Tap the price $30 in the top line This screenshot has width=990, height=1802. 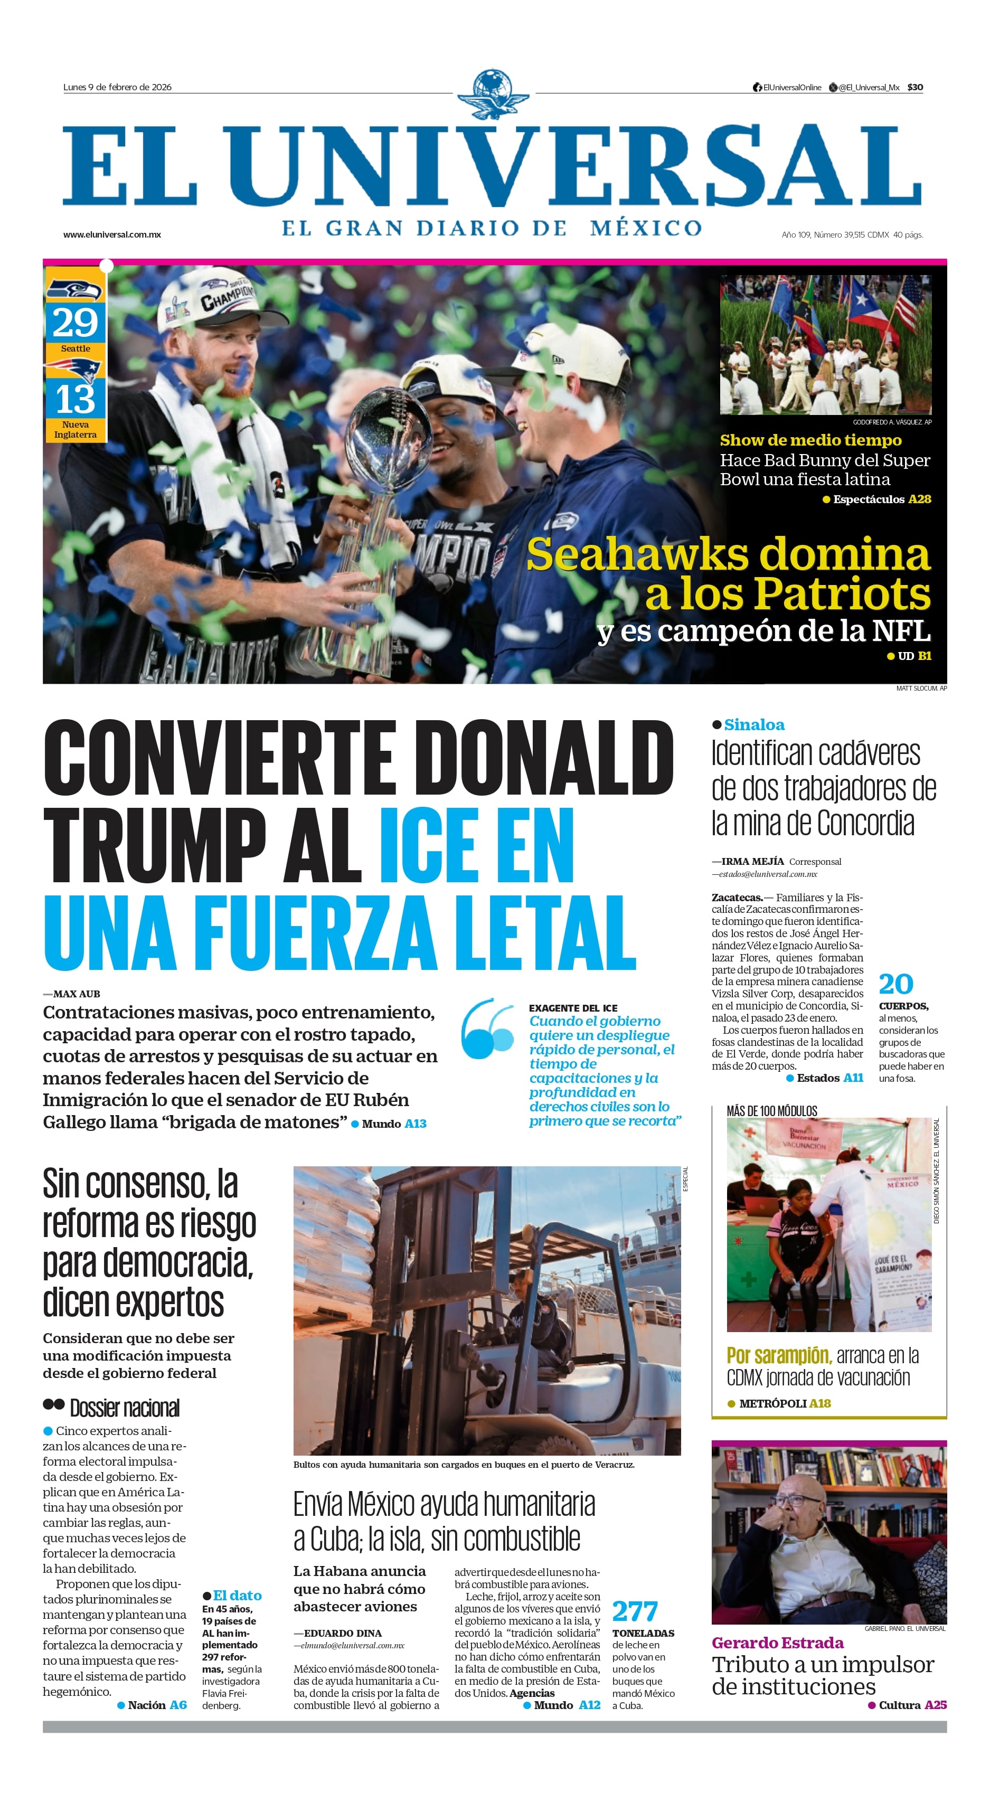pos(914,88)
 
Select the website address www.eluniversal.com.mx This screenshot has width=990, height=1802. pos(112,234)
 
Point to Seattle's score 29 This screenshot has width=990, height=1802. pos(75,323)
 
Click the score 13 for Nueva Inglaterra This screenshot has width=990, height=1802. pos(75,399)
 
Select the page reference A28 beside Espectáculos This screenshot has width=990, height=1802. pos(919,499)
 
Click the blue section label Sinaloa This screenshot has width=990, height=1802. pos(754,725)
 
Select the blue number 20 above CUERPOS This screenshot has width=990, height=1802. pos(895,984)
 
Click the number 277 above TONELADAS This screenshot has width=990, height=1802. pos(635,1611)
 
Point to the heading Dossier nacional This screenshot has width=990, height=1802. pos(125,1408)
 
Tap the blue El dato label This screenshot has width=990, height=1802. pos(237,1595)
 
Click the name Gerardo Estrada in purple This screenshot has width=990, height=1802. pos(777,1643)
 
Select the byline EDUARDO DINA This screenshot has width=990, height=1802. pos(342,1633)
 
